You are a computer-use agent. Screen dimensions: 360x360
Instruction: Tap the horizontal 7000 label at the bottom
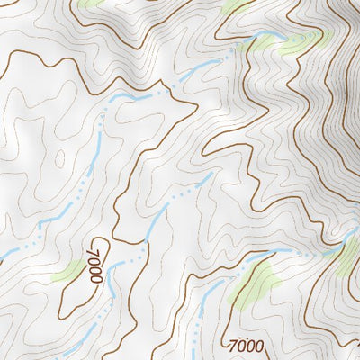(247, 346)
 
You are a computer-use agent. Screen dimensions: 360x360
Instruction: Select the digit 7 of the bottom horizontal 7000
(234, 346)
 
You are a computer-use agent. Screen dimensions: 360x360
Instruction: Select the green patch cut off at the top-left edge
(90, 3)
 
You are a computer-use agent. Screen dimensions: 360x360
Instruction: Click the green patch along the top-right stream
(301, 42)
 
